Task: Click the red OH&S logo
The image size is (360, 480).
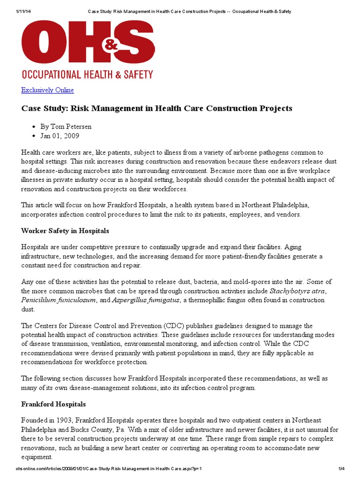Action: pos(87,43)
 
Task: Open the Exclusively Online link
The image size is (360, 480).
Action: pos(47,90)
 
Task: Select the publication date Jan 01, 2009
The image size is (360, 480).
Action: pos(60,136)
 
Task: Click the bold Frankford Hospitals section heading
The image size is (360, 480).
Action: pos(53,404)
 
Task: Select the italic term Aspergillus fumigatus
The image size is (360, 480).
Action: pos(146,300)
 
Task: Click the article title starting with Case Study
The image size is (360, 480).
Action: pos(157,108)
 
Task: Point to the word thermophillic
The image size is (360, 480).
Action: pos(215,300)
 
